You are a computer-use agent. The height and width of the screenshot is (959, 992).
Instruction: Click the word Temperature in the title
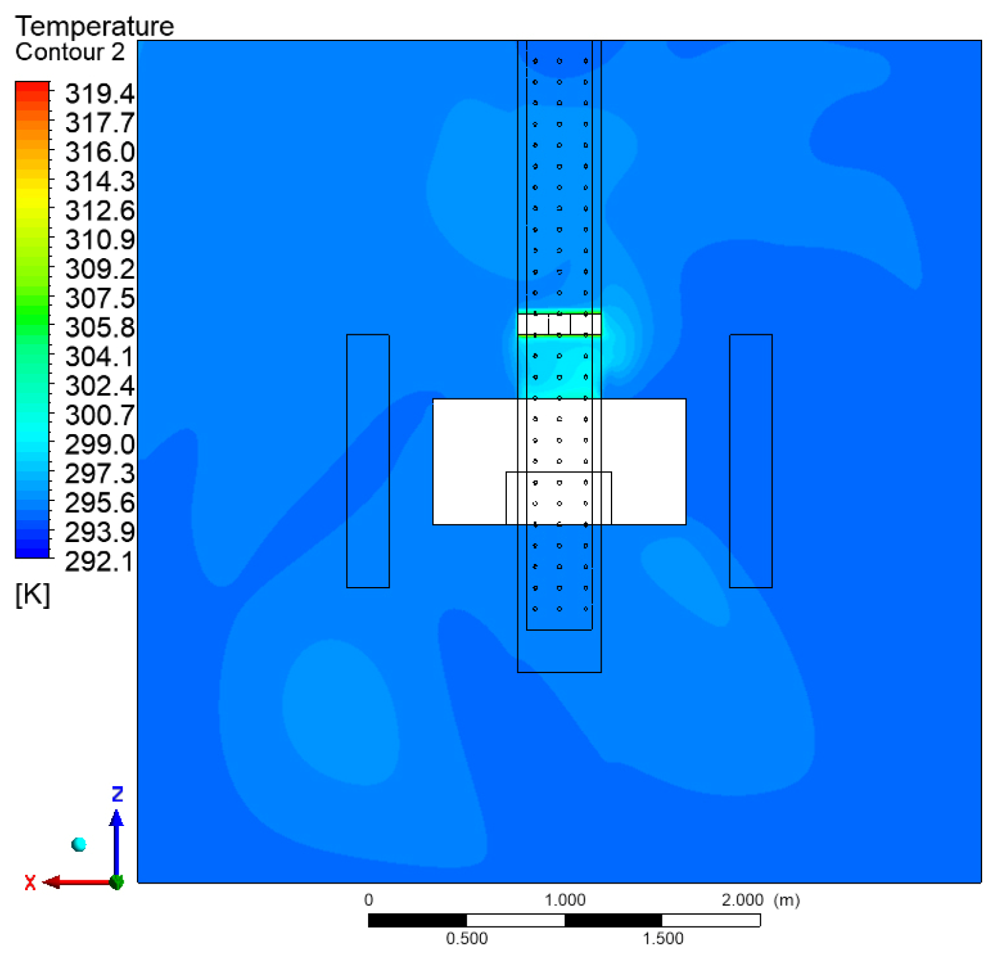point(95,26)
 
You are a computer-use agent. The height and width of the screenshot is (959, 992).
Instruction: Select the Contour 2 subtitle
point(70,52)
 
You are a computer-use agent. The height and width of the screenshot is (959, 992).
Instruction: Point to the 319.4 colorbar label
point(100,94)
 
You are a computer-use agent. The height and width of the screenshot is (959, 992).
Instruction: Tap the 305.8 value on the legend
point(100,328)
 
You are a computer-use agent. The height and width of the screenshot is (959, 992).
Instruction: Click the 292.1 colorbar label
point(100,561)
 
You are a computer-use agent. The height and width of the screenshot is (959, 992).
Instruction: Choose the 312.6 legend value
point(100,211)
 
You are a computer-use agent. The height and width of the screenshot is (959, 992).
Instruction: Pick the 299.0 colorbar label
point(100,445)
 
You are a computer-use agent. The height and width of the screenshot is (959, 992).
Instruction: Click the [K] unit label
point(32,595)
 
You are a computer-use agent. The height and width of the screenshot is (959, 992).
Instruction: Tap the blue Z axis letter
point(118,794)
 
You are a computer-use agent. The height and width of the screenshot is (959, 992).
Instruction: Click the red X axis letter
point(30,883)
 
